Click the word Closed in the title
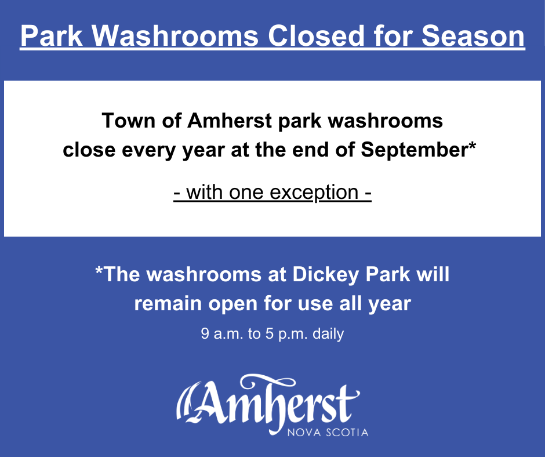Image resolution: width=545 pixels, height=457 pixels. click(315, 35)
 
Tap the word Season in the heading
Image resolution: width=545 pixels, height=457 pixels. click(473, 35)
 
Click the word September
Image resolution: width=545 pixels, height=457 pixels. click(414, 150)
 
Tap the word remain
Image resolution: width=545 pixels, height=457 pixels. click(168, 304)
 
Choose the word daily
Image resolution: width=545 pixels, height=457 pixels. click(328, 334)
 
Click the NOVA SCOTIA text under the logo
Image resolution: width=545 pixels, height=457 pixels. click(328, 432)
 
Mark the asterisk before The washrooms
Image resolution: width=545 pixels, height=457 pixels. click(99, 271)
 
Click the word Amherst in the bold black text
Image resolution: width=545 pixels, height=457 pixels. click(230, 121)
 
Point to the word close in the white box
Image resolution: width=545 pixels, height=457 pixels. click(89, 150)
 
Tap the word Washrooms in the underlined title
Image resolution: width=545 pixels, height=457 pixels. click(175, 35)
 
